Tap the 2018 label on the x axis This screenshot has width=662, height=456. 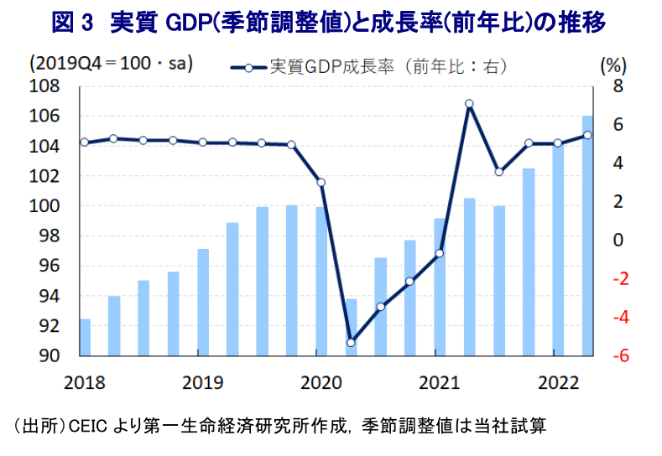84,383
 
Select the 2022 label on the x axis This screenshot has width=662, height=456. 556,383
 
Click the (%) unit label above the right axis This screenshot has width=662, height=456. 614,65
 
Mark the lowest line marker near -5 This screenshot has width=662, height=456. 351,342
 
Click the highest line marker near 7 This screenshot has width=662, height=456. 469,104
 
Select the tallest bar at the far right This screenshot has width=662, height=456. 587,236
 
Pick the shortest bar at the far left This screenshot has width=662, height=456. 84,337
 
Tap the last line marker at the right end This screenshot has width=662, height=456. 587,135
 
